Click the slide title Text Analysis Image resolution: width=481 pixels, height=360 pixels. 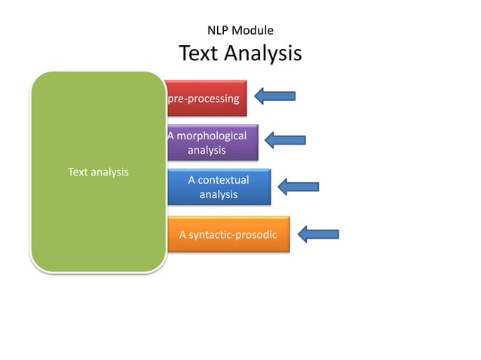pos(240,54)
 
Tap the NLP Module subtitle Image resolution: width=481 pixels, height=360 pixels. pos(240,31)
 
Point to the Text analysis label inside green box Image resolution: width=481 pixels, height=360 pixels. pos(98,172)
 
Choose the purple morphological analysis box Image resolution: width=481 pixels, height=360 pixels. pos(212,142)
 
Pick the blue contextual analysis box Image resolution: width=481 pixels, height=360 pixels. pos(218,187)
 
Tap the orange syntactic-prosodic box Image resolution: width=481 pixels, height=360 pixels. pos(228,234)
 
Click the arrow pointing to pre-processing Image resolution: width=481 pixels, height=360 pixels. pos(274,96)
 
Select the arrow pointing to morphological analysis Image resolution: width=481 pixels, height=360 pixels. pos(285,139)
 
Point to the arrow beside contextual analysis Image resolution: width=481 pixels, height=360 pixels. pos(299,186)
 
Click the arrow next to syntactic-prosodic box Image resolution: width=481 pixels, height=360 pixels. pos(318,233)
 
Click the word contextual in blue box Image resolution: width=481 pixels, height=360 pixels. pos(218,180)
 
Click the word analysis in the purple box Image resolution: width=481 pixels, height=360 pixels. pos(207,151)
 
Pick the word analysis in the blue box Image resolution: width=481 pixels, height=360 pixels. pos(218,195)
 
